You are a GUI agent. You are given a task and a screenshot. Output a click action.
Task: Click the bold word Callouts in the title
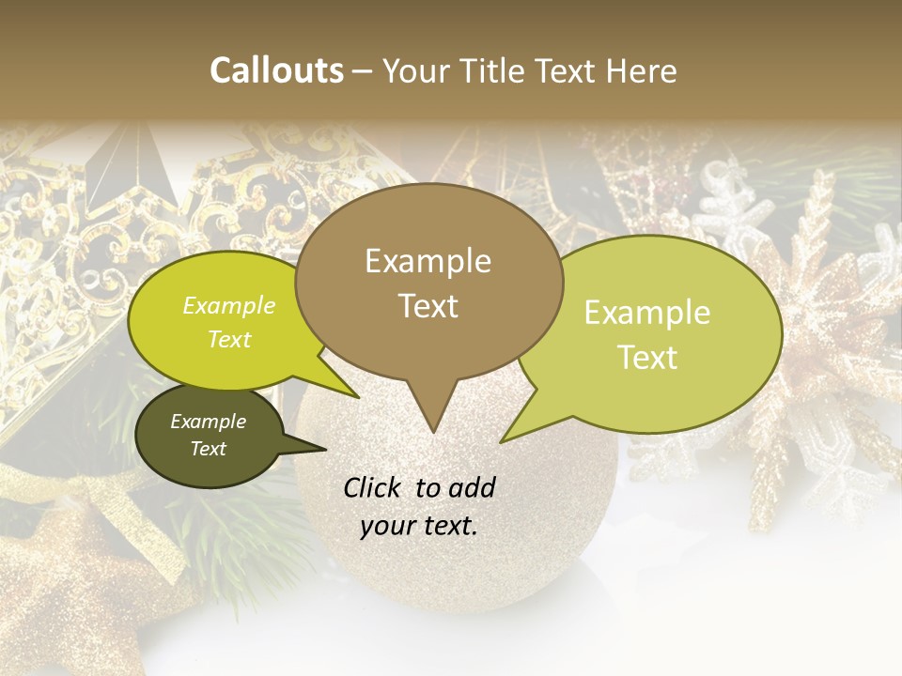point(276,70)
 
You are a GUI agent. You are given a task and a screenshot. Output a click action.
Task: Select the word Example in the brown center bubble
point(428,261)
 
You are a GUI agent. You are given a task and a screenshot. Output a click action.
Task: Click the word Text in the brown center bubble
point(428,306)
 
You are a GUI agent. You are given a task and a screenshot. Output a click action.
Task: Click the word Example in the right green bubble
point(647,313)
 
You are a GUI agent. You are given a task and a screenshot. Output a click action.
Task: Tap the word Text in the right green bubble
point(647,358)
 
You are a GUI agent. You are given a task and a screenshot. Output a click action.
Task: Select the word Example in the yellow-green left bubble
point(229,305)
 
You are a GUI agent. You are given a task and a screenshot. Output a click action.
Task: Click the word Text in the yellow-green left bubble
point(229,339)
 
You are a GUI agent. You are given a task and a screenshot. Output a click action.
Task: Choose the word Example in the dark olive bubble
point(208,422)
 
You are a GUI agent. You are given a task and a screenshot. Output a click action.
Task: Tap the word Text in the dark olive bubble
point(208,449)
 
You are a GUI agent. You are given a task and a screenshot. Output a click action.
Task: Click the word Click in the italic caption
point(373,487)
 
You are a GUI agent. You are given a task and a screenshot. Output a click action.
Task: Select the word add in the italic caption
point(471,487)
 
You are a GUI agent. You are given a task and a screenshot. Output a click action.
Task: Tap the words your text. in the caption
point(418,526)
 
